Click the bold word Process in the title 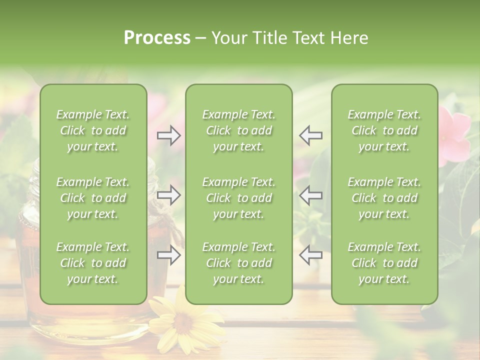tap(157, 38)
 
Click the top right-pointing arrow tap(169, 135)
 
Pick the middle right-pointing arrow tap(169, 195)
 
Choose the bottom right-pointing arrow tap(169, 255)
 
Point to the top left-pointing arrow tap(310, 135)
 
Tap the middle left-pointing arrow tap(310, 195)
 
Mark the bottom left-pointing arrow tap(310, 255)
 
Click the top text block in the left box tap(93, 130)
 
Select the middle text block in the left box tap(93, 198)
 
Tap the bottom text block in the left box tap(93, 263)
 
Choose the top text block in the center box tap(238, 130)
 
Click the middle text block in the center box tap(238, 198)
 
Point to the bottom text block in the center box tap(238, 263)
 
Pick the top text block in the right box tap(384, 130)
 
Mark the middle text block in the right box tap(384, 198)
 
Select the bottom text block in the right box tap(384, 263)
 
